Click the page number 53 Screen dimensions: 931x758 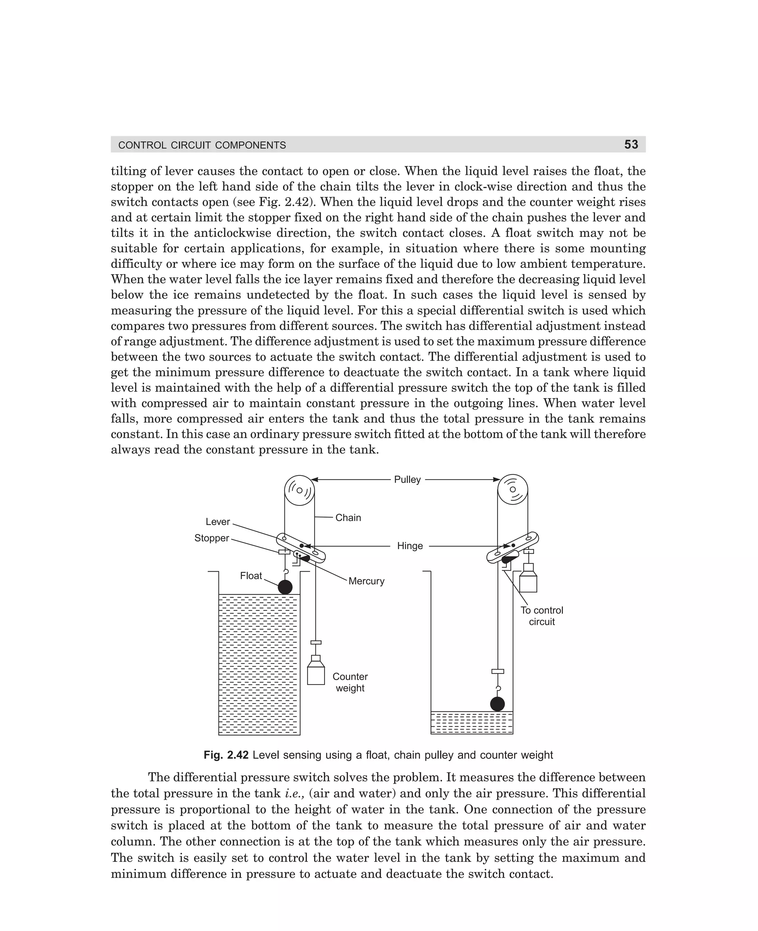coord(631,144)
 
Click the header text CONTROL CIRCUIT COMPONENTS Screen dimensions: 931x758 coord(202,145)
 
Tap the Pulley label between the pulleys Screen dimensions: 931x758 coord(407,479)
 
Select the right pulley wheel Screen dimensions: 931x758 coord(513,489)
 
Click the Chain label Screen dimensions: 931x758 coord(348,518)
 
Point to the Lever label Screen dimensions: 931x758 coord(218,522)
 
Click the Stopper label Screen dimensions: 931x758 coord(211,538)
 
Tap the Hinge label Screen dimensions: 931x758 coord(410,546)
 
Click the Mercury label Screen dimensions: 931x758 coord(366,581)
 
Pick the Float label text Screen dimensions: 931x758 coord(251,576)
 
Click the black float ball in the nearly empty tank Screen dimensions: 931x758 coord(497,703)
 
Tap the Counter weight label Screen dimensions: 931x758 coord(350,682)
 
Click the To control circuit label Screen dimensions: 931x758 coord(541,616)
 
